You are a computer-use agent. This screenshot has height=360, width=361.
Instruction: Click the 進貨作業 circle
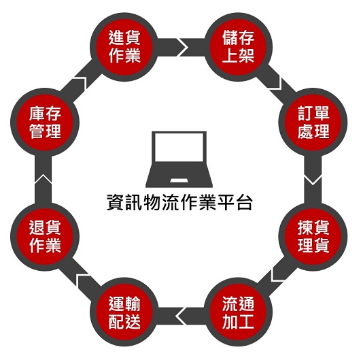[124, 47]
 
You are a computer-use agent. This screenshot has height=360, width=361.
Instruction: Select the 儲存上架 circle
[239, 47]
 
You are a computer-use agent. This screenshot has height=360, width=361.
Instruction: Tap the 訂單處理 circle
[313, 122]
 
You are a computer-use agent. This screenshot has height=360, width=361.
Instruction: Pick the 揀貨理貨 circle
[313, 237]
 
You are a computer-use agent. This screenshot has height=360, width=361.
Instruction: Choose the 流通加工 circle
[239, 312]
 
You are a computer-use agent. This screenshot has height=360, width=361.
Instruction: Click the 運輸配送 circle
[124, 312]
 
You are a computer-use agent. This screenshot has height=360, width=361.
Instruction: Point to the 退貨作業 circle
[45, 237]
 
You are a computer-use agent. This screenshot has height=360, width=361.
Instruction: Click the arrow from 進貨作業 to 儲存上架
[182, 47]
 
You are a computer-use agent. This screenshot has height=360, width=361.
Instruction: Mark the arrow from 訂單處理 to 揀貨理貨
[313, 179]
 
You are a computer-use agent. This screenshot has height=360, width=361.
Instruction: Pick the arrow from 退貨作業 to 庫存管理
[43, 179]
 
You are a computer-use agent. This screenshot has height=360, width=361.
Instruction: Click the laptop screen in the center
[179, 147]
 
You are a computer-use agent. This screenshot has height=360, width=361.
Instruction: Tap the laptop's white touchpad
[179, 180]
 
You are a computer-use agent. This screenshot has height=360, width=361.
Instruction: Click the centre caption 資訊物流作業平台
[179, 202]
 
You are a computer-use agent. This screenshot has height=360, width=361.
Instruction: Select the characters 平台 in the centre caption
[235, 202]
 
